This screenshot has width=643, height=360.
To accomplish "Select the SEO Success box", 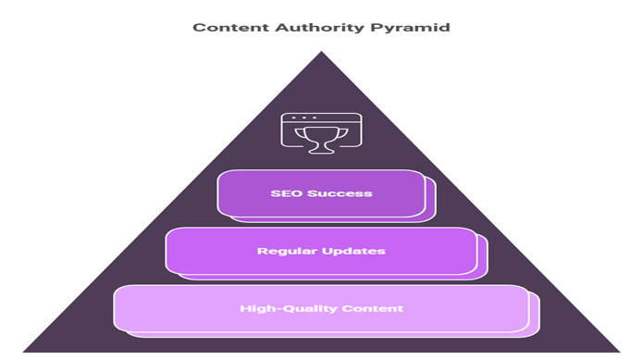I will (320, 193).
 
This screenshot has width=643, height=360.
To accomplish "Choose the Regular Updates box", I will (320, 251).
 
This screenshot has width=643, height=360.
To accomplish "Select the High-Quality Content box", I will (320, 308).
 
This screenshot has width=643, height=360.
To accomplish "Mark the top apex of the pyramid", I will (320, 50).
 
